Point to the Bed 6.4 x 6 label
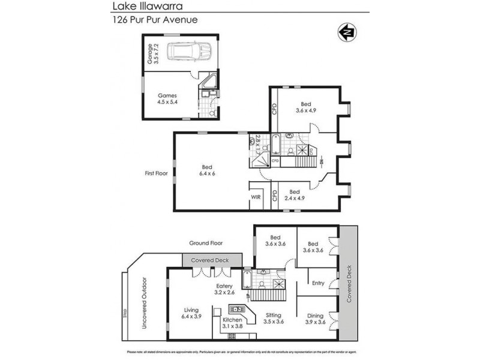208,170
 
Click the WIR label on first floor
255,197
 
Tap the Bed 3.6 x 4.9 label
305,107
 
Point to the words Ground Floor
206,243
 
